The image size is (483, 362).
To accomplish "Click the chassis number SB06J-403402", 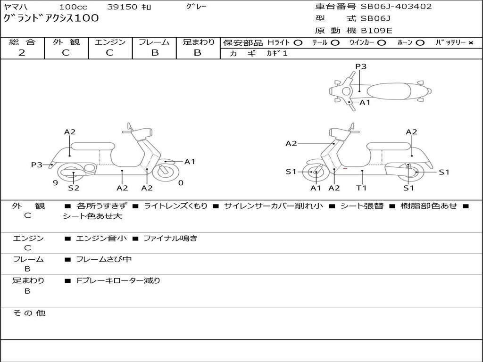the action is [396, 7].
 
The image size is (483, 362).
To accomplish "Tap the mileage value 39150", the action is [122, 7].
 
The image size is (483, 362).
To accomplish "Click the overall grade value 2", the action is [22, 53].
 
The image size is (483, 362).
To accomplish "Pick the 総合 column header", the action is [22, 42].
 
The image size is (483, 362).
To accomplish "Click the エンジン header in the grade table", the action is [110, 42].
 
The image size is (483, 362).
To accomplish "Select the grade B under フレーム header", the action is [154, 53].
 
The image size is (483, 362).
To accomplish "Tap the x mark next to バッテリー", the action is [470, 42].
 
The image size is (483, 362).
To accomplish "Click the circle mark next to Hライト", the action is [298, 42].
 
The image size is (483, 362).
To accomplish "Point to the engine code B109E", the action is [376, 31].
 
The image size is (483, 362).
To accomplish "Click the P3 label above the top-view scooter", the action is [361, 66].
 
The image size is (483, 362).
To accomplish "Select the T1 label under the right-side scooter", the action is [361, 188].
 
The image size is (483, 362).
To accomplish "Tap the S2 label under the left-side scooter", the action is [74, 188].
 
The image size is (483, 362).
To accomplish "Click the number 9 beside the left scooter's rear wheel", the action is [55, 183].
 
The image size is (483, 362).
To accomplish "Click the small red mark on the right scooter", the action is [346, 168].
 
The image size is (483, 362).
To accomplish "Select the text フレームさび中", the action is [104, 259].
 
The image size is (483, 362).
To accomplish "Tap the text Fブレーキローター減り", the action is [118, 280].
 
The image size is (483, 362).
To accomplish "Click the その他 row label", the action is [29, 313].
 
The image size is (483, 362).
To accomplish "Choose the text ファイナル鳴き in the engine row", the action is [170, 239].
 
